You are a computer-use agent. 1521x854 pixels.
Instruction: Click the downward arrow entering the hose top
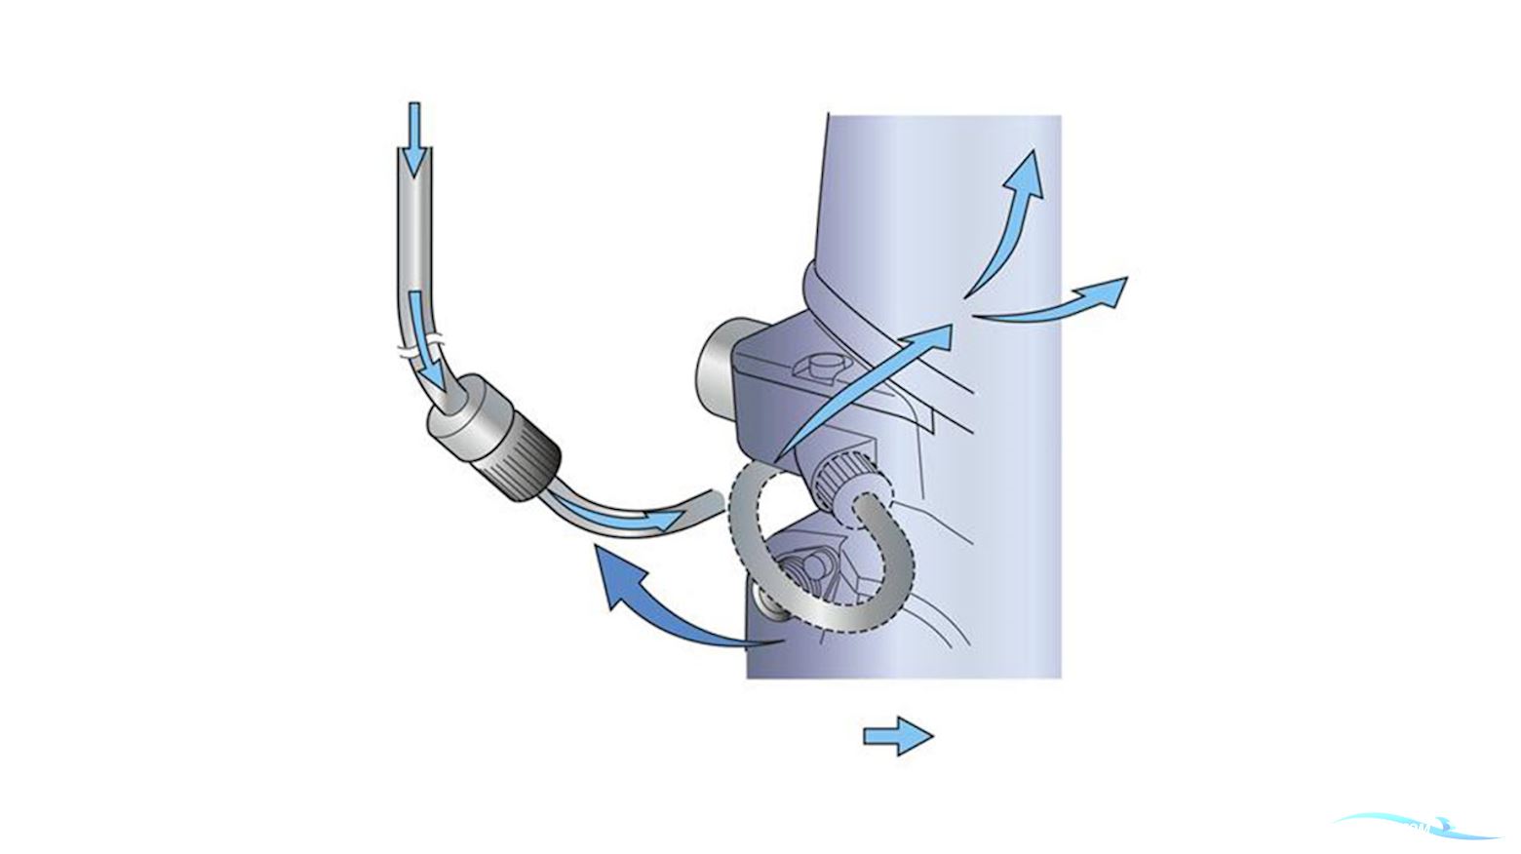click(414, 136)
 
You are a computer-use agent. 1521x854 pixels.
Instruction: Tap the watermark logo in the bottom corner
click(1414, 828)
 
